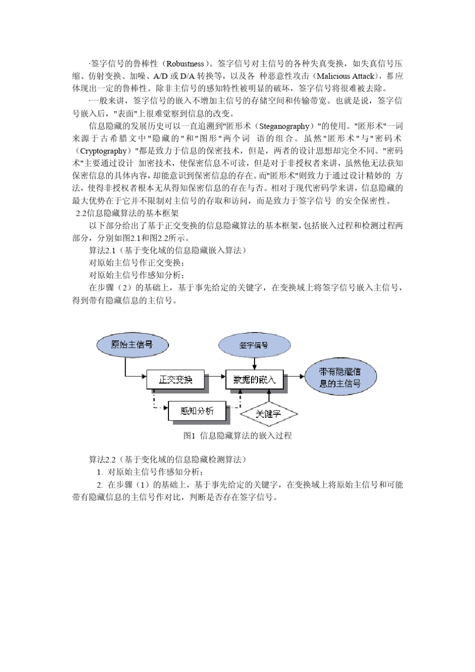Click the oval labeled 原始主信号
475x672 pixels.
point(131,345)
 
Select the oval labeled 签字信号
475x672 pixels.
point(253,345)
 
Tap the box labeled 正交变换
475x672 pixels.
point(175,379)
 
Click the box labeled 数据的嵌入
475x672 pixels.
point(254,379)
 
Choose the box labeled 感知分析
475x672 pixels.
point(197,411)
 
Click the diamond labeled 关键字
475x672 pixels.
point(268,413)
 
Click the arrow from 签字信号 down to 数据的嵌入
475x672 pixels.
point(254,363)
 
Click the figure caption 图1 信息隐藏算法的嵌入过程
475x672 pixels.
point(237,436)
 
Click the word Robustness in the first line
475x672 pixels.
point(185,64)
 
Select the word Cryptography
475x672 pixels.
point(103,151)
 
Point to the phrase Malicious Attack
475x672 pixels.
point(345,76)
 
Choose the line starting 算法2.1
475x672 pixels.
point(167,250)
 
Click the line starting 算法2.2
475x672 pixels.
point(167,459)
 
